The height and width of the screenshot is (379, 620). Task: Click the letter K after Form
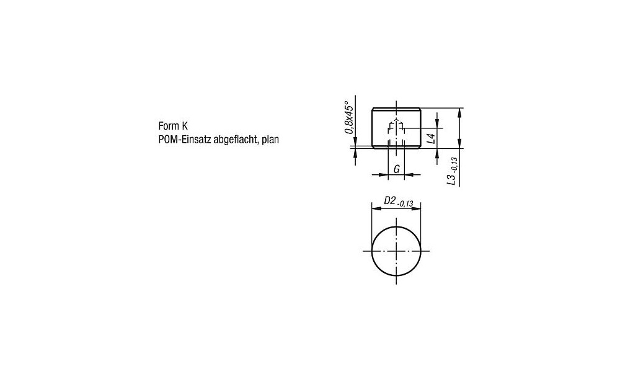coord(185,126)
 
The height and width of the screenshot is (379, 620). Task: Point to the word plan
coord(270,140)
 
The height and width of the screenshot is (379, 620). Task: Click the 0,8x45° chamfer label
coord(348,117)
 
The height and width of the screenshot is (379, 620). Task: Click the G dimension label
coord(397,169)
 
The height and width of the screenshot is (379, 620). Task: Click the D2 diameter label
coord(390,200)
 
